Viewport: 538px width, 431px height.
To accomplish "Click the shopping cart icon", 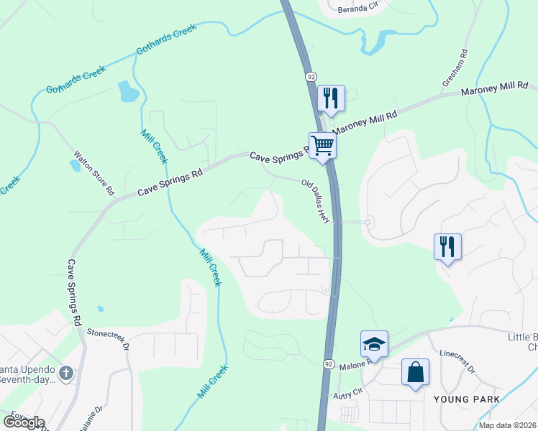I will [x=323, y=145].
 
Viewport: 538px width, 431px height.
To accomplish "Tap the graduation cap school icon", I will [x=374, y=343].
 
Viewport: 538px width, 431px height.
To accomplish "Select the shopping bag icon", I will [x=415, y=372].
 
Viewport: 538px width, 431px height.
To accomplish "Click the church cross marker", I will [x=66, y=372].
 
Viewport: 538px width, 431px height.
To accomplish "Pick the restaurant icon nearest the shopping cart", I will [x=331, y=98].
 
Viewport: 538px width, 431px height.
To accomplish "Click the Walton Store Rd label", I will [x=94, y=172].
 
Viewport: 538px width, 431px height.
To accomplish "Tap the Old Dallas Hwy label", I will [x=316, y=202].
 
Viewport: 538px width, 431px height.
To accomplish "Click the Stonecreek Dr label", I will [x=107, y=339].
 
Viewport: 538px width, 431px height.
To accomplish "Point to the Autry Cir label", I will [x=345, y=394].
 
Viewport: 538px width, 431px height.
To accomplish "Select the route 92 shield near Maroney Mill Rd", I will [x=311, y=76].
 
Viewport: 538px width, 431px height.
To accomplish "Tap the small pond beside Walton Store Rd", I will [x=75, y=164].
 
